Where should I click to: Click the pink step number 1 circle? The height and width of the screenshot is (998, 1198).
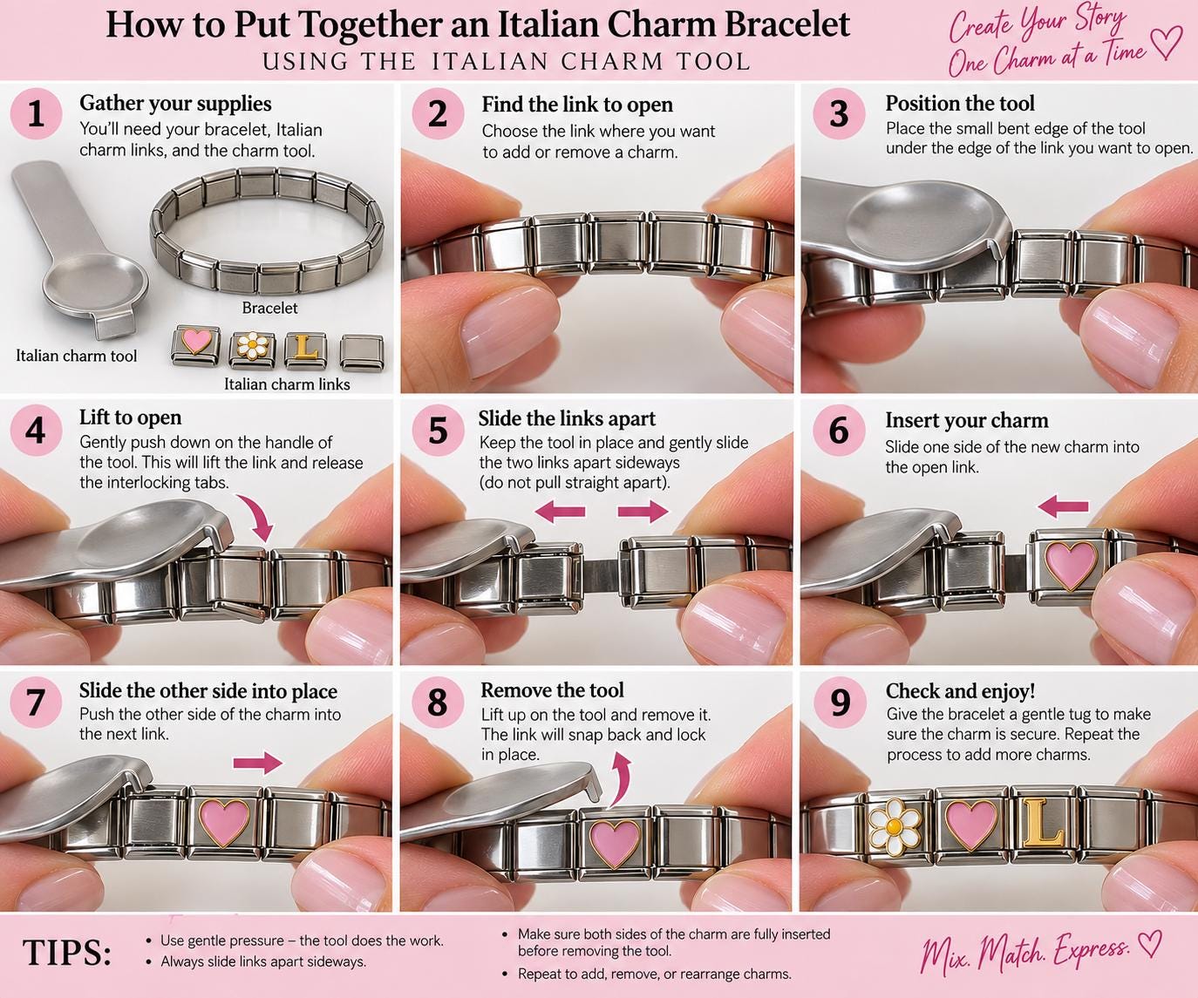pyautogui.click(x=36, y=113)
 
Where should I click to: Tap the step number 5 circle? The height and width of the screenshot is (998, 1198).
pyautogui.click(x=438, y=431)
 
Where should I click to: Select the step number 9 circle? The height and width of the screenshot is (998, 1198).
pyautogui.click(x=840, y=702)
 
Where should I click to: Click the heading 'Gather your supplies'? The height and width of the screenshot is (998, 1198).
pyautogui.click(x=175, y=103)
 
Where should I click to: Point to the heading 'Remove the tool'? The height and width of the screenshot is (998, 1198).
pyautogui.click(x=552, y=690)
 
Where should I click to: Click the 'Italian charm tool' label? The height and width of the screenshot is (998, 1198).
pyautogui.click(x=77, y=356)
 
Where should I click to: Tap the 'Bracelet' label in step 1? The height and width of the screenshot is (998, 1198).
pyautogui.click(x=269, y=308)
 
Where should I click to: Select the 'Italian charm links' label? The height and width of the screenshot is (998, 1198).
pyautogui.click(x=287, y=384)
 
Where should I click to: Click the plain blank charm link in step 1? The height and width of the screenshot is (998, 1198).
pyautogui.click(x=361, y=351)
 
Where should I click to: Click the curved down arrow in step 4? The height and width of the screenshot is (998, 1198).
pyautogui.click(x=255, y=517)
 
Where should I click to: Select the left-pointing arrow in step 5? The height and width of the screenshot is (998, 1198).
pyautogui.click(x=560, y=511)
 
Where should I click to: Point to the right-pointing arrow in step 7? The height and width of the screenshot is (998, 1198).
pyautogui.click(x=257, y=763)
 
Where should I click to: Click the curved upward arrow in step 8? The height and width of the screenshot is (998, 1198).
pyautogui.click(x=621, y=780)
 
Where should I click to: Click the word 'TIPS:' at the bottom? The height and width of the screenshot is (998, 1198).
pyautogui.click(x=67, y=954)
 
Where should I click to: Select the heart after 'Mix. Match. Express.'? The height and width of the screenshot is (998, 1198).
pyautogui.click(x=1148, y=944)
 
